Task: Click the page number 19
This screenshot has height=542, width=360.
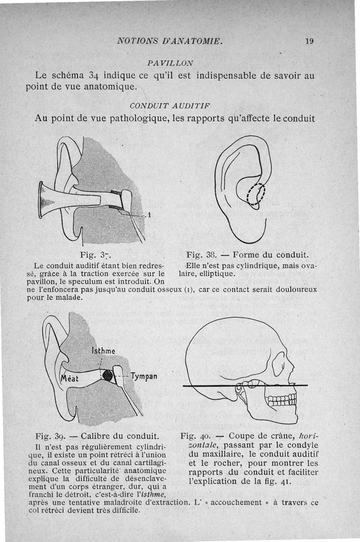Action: point(309,41)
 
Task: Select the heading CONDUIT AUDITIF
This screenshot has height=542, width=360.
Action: point(171,106)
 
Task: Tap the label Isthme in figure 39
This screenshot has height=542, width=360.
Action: point(103,350)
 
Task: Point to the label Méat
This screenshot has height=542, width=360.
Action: point(70,379)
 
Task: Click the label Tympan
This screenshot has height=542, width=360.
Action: point(144,375)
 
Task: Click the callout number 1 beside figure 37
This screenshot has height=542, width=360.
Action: point(149,214)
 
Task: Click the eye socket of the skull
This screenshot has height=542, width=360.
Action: point(279,363)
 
